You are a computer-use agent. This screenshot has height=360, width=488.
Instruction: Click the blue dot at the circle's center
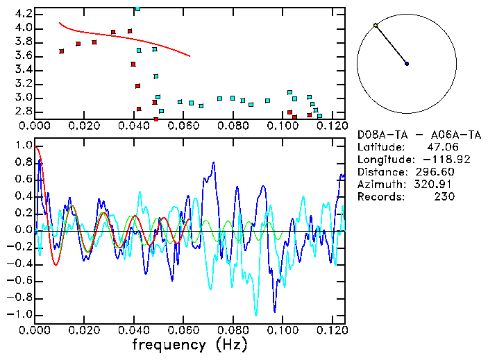tap(407, 64)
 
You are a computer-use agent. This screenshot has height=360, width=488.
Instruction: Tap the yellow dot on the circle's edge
tap(376, 26)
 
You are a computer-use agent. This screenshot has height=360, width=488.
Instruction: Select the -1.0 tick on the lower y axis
tap(21, 314)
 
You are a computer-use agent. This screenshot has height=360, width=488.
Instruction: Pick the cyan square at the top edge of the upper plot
tap(137, 9)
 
